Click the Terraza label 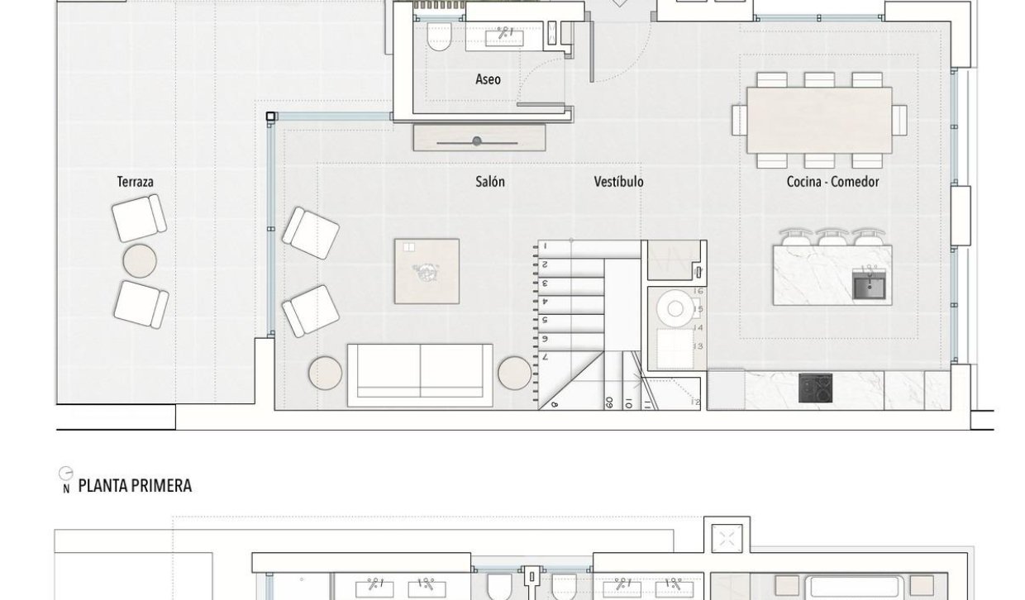[135, 182]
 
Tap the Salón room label [490, 182]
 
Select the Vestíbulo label [618, 182]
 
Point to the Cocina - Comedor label [832, 182]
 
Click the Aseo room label [488, 80]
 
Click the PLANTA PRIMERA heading [135, 486]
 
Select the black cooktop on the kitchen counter [816, 388]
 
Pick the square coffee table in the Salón [427, 271]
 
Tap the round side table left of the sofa [325, 373]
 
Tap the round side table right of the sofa [515, 373]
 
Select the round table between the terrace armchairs [140, 261]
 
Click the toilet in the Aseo [438, 36]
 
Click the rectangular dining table [819, 121]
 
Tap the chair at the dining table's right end [899, 121]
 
